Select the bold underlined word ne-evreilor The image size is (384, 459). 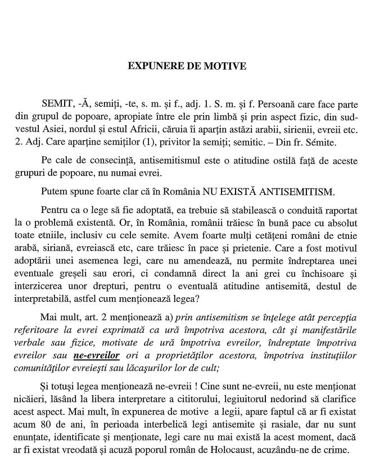click(97, 355)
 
